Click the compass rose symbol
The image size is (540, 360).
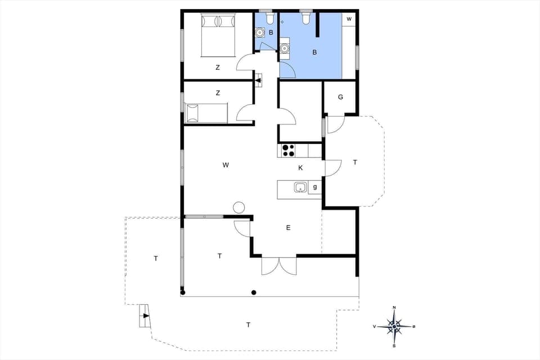pyautogui.click(x=395, y=326)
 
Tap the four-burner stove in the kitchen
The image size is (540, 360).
pyautogui.click(x=288, y=150)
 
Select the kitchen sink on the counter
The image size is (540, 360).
pyautogui.click(x=300, y=187)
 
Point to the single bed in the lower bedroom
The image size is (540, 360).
pyautogui.click(x=206, y=112)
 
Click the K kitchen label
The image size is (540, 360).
pyautogui.click(x=300, y=168)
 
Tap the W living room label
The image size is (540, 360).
pyautogui.click(x=226, y=165)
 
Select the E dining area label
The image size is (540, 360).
pyautogui.click(x=288, y=228)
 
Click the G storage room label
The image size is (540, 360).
pyautogui.click(x=340, y=97)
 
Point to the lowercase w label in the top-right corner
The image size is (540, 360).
pyautogui.click(x=349, y=19)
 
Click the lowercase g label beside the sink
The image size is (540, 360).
pyautogui.click(x=315, y=187)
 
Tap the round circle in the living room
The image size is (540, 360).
pyautogui.click(x=238, y=207)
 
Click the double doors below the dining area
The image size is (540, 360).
pyautogui.click(x=279, y=266)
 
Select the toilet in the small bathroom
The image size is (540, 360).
pyautogui.click(x=269, y=19)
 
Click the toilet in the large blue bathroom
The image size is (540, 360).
pyautogui.click(x=306, y=19)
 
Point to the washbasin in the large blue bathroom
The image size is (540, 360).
pyautogui.click(x=285, y=48)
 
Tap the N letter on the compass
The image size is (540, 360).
pyautogui.click(x=395, y=308)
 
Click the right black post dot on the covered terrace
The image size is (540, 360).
pyautogui.click(x=254, y=292)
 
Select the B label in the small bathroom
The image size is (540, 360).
pyautogui.click(x=271, y=33)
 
